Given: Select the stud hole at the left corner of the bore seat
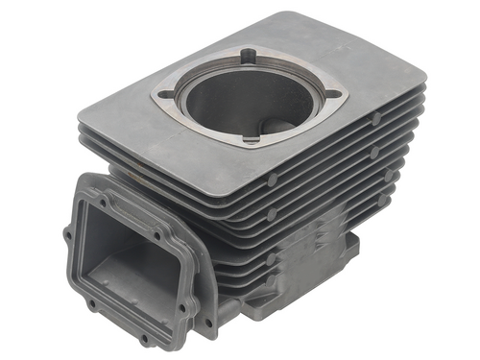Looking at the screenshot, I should pos(166,93).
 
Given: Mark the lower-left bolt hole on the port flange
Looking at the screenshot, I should pos(92,305).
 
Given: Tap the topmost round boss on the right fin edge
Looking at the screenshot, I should pos(377,118).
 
